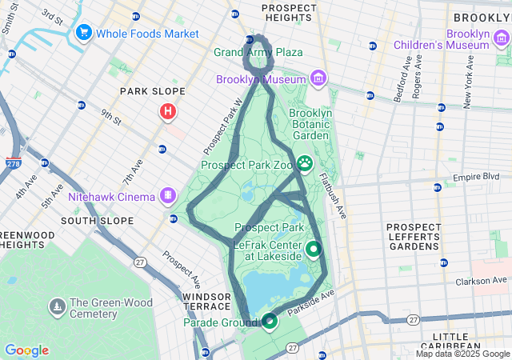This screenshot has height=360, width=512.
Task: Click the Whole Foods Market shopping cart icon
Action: click(x=83, y=34)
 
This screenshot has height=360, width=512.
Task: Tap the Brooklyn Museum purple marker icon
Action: click(x=318, y=78)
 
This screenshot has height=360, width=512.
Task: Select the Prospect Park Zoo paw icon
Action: click(x=305, y=164)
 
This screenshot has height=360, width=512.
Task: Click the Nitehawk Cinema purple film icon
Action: click(x=167, y=194)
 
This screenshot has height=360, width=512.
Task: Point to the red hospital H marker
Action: click(x=168, y=112)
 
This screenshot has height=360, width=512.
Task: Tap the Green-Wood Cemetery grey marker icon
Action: click(x=57, y=306)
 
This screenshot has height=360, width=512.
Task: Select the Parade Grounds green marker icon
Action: click(x=270, y=322)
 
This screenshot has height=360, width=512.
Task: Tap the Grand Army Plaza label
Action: click(x=258, y=53)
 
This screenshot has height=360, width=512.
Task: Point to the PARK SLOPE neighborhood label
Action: click(x=152, y=92)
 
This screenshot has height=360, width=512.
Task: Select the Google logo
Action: click(x=26, y=350)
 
